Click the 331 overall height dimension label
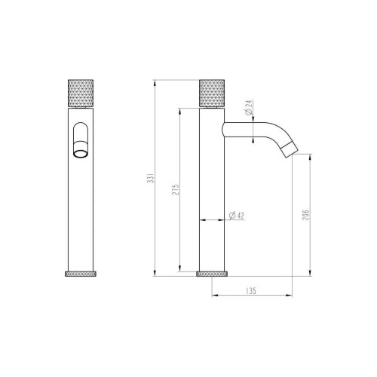pos(151,177)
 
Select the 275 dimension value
pos(176,189)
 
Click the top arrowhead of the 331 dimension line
pos(155,81)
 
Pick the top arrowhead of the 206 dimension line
pos(311,157)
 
